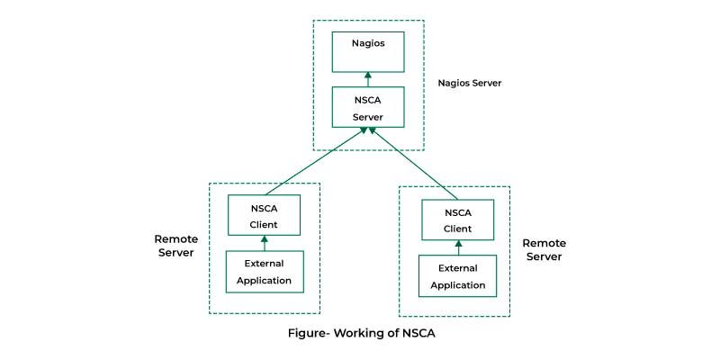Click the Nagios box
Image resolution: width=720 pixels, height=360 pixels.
tap(368, 52)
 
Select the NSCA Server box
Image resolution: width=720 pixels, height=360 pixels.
tap(368, 107)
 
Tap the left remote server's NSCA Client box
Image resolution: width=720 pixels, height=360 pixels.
tap(264, 215)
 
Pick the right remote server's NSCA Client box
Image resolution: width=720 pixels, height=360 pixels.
tap(458, 220)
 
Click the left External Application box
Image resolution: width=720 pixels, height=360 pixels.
tap(265, 272)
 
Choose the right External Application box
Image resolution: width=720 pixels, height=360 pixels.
tap(458, 276)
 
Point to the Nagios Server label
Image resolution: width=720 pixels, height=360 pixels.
tap(470, 84)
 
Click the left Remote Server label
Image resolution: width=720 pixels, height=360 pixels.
tap(176, 246)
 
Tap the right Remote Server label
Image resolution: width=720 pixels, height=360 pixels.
tap(544, 250)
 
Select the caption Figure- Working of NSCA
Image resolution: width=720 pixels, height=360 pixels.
tap(362, 333)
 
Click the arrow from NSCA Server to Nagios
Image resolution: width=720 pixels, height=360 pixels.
tap(368, 79)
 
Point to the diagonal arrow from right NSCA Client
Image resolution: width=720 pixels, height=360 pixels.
tap(413, 164)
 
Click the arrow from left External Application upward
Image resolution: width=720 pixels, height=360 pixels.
tap(265, 243)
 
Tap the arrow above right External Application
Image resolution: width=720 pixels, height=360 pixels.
tap(458, 247)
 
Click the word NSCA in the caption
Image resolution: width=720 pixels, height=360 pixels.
tap(418, 333)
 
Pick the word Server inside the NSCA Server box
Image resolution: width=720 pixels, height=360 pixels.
tap(368, 117)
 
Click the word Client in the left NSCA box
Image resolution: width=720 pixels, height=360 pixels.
tap(264, 225)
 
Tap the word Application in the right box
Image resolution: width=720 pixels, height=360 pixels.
tap(458, 285)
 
